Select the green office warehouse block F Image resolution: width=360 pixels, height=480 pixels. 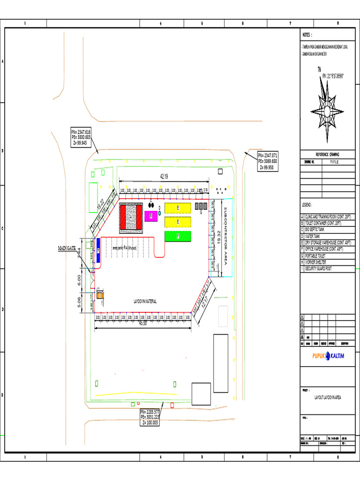178,236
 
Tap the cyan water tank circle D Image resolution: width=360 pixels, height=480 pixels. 159,213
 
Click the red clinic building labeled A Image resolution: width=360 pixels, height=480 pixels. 131,218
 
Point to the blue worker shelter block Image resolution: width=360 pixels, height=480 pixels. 98,249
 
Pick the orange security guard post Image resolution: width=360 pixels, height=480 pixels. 100,295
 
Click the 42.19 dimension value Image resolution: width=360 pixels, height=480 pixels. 164,177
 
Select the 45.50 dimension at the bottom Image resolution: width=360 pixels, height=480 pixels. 142,323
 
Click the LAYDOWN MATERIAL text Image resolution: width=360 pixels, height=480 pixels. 145,301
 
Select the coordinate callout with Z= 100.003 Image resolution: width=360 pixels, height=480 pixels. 150,417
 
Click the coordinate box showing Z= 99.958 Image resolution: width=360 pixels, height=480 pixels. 267,161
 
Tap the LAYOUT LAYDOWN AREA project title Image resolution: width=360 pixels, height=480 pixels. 328,397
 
